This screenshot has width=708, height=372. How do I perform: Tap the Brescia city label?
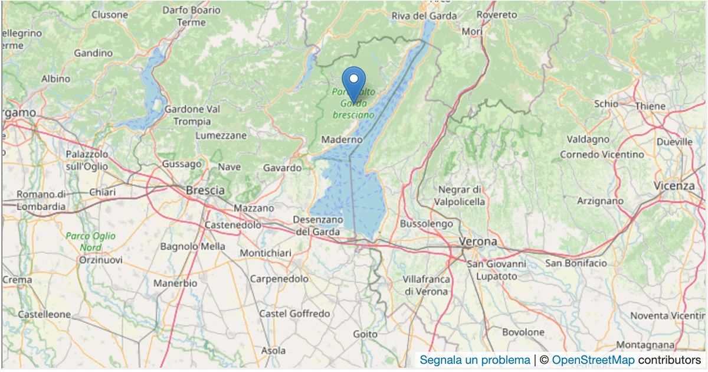click(x=205, y=191)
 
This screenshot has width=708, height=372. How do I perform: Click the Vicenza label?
click(x=674, y=185)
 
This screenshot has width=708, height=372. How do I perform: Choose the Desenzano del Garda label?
click(x=318, y=226)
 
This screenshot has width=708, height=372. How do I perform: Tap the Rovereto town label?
click(x=496, y=14)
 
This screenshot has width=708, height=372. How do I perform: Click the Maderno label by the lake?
click(x=342, y=140)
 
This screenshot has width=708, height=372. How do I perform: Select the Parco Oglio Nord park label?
click(x=91, y=242)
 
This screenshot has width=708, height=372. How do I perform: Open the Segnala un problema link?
click(x=475, y=360)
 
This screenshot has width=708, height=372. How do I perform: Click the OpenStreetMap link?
click(x=593, y=360)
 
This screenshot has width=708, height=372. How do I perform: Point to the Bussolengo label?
click(x=426, y=224)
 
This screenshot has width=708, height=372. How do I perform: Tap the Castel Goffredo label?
click(x=294, y=314)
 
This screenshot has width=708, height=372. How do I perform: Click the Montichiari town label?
click(x=265, y=253)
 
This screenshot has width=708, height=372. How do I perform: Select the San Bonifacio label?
click(x=576, y=263)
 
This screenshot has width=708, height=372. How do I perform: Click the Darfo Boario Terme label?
click(x=191, y=17)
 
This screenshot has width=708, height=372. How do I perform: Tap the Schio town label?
click(x=606, y=103)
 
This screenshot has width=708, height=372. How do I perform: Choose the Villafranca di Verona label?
click(x=426, y=285)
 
